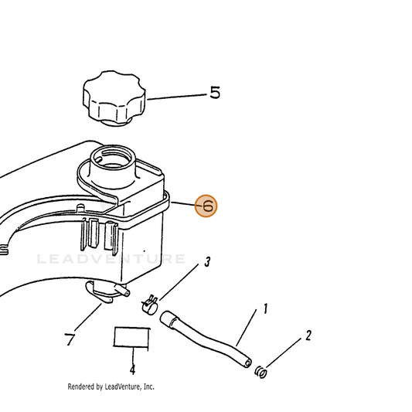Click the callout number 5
(x=215, y=93)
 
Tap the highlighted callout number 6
(x=206, y=206)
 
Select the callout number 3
(x=207, y=262)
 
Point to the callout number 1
(x=265, y=308)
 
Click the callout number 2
(x=308, y=335)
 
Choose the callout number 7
(x=70, y=339)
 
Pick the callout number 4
(x=133, y=369)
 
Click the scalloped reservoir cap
(x=114, y=98)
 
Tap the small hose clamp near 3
(x=149, y=305)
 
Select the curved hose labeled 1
(x=205, y=339)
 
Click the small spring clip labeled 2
(x=261, y=372)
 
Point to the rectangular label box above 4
(x=131, y=338)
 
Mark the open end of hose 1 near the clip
(x=247, y=363)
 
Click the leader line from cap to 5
(x=177, y=97)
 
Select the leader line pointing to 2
(x=284, y=352)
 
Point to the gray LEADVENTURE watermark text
(x=111, y=259)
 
